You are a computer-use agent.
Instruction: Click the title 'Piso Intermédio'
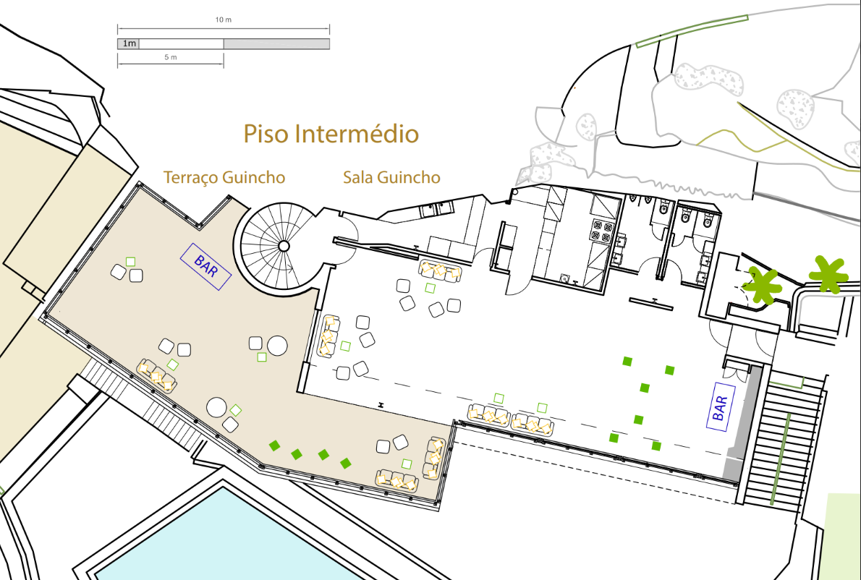pyautogui.click(x=331, y=134)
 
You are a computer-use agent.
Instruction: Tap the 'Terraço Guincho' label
pyautogui.click(x=224, y=177)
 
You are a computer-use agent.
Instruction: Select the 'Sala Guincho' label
pyautogui.click(x=391, y=177)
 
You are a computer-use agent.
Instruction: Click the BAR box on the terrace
pyautogui.click(x=206, y=267)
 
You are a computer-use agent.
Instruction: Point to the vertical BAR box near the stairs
pyautogui.click(x=721, y=406)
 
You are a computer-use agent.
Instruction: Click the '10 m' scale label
pyautogui.click(x=223, y=20)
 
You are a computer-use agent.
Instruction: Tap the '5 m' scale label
pyautogui.click(x=171, y=57)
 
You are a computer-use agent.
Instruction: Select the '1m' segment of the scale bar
pyautogui.click(x=129, y=44)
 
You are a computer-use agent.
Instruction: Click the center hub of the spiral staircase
pyautogui.click(x=284, y=246)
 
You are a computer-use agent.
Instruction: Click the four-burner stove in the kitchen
pyautogui.click(x=601, y=231)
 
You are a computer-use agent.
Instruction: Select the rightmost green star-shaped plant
pyautogui.click(x=828, y=274)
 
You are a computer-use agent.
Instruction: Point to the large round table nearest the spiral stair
pyautogui.click(x=277, y=346)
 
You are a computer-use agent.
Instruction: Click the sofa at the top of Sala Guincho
pyautogui.click(x=440, y=270)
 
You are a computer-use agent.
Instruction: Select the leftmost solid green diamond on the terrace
pyautogui.click(x=274, y=445)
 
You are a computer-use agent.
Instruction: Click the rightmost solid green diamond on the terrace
pyautogui.click(x=345, y=464)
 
